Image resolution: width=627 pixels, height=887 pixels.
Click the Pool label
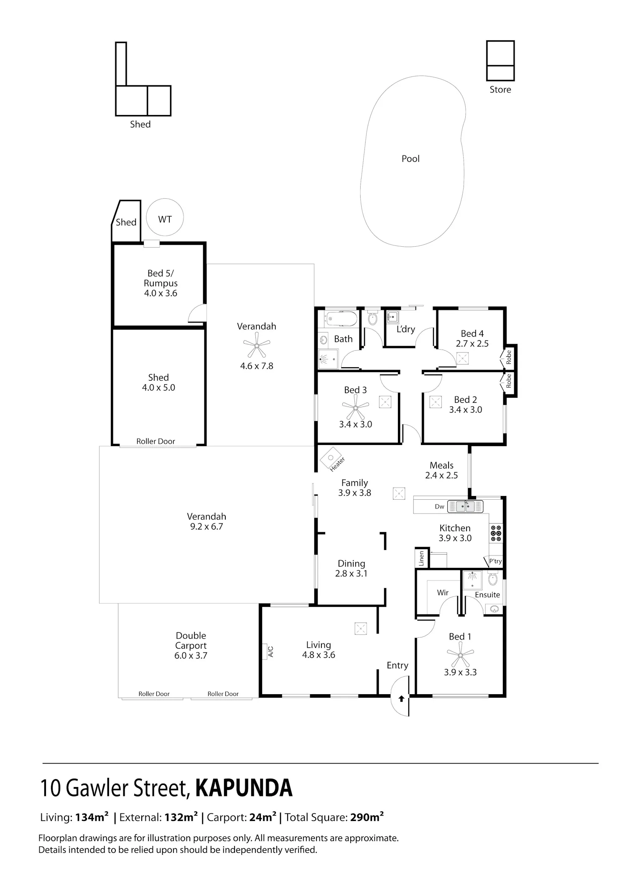point(410,158)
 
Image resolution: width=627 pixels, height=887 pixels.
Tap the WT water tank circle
point(165,199)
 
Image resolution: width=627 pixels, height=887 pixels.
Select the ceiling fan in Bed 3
point(355,407)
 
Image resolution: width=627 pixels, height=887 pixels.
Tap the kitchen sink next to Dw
point(465,506)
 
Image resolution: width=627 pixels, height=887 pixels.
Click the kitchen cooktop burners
point(496,534)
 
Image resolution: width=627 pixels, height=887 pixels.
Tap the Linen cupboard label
point(421,558)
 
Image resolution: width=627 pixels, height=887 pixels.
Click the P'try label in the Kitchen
point(495,561)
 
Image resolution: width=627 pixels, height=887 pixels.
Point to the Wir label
point(443,592)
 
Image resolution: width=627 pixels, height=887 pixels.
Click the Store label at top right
point(500,89)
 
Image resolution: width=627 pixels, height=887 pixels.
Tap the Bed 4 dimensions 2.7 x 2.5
point(472,343)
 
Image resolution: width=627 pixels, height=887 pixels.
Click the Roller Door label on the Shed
point(155,441)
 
